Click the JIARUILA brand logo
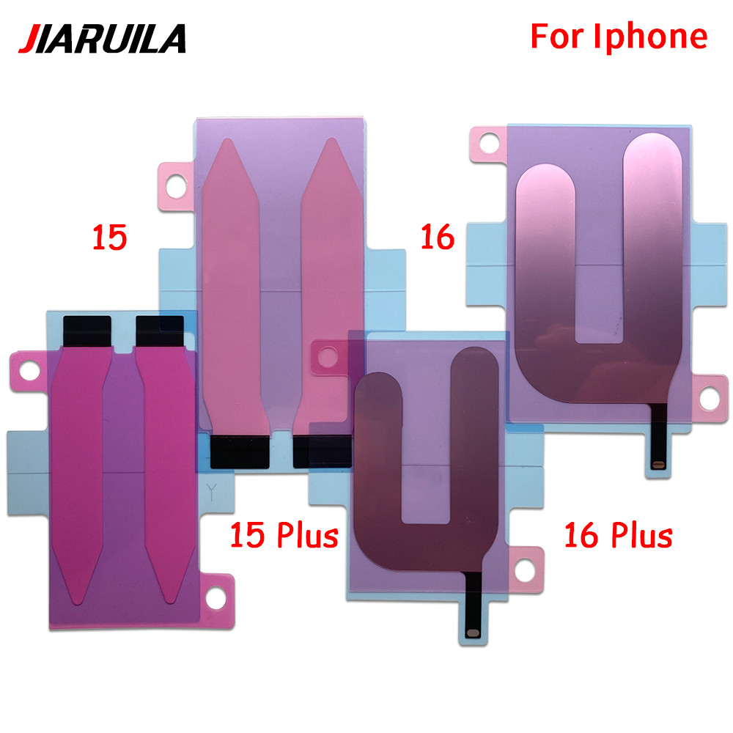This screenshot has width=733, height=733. click(102, 38)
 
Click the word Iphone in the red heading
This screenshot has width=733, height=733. click(651, 37)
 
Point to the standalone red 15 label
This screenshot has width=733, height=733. click(109, 237)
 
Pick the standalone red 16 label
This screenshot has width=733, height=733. click(438, 237)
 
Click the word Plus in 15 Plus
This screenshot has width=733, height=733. click(308, 535)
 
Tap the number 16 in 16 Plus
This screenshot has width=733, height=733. click(581, 535)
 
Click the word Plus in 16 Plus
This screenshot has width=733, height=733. click(642, 535)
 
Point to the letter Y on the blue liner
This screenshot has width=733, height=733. click(211, 493)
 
